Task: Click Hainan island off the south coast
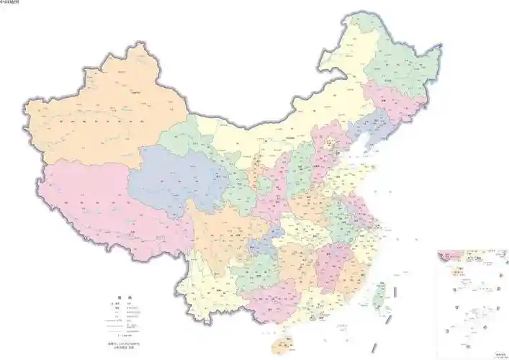pyautogui.click(x=281, y=344)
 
